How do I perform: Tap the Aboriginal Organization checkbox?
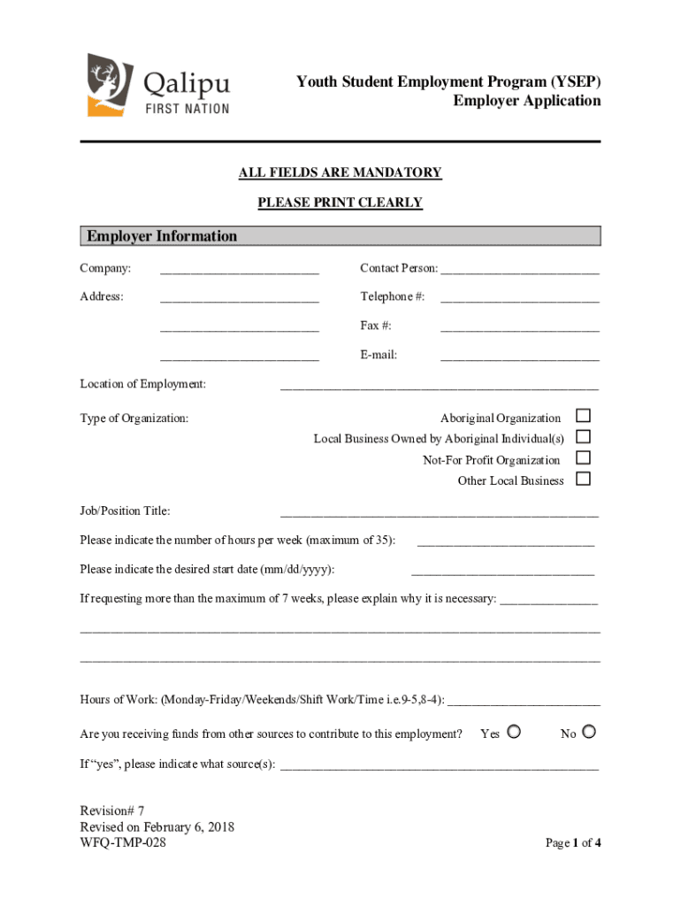click(583, 416)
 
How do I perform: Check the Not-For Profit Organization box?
click(583, 458)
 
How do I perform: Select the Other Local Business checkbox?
click(583, 480)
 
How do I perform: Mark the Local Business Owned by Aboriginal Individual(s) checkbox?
click(583, 437)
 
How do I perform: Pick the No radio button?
click(590, 732)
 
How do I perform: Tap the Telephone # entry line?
click(519, 299)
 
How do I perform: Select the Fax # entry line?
click(519, 328)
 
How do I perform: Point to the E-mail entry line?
click(519, 357)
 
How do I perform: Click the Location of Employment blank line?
click(439, 386)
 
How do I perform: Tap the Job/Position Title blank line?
click(439, 513)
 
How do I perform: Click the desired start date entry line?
click(502, 572)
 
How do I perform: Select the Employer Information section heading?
click(162, 236)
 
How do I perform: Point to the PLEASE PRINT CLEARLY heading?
click(340, 203)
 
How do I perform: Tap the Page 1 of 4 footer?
click(573, 843)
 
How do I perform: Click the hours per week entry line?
click(505, 542)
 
